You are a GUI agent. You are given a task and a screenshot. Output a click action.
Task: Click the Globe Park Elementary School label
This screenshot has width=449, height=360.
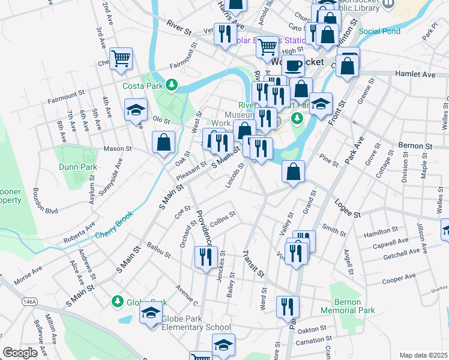196,328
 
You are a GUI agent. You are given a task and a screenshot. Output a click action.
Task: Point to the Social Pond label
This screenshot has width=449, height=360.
380,31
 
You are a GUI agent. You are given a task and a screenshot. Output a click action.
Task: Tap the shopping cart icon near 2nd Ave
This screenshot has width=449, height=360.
121,59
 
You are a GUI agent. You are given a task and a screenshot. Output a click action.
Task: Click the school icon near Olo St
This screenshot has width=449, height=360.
136,110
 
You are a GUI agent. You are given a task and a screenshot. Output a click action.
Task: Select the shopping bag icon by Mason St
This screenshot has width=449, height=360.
163,142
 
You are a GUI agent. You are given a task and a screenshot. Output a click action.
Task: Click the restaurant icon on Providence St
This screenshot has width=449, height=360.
206,257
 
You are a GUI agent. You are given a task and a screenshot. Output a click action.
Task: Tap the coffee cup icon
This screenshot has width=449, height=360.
293,65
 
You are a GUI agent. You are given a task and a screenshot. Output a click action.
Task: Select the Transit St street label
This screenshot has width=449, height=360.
253,263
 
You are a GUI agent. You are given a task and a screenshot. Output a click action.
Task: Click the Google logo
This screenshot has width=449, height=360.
20,353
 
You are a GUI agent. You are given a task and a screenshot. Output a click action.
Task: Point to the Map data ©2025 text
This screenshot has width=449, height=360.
423,355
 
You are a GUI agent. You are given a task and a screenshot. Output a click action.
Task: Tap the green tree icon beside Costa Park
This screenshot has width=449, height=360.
172,85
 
